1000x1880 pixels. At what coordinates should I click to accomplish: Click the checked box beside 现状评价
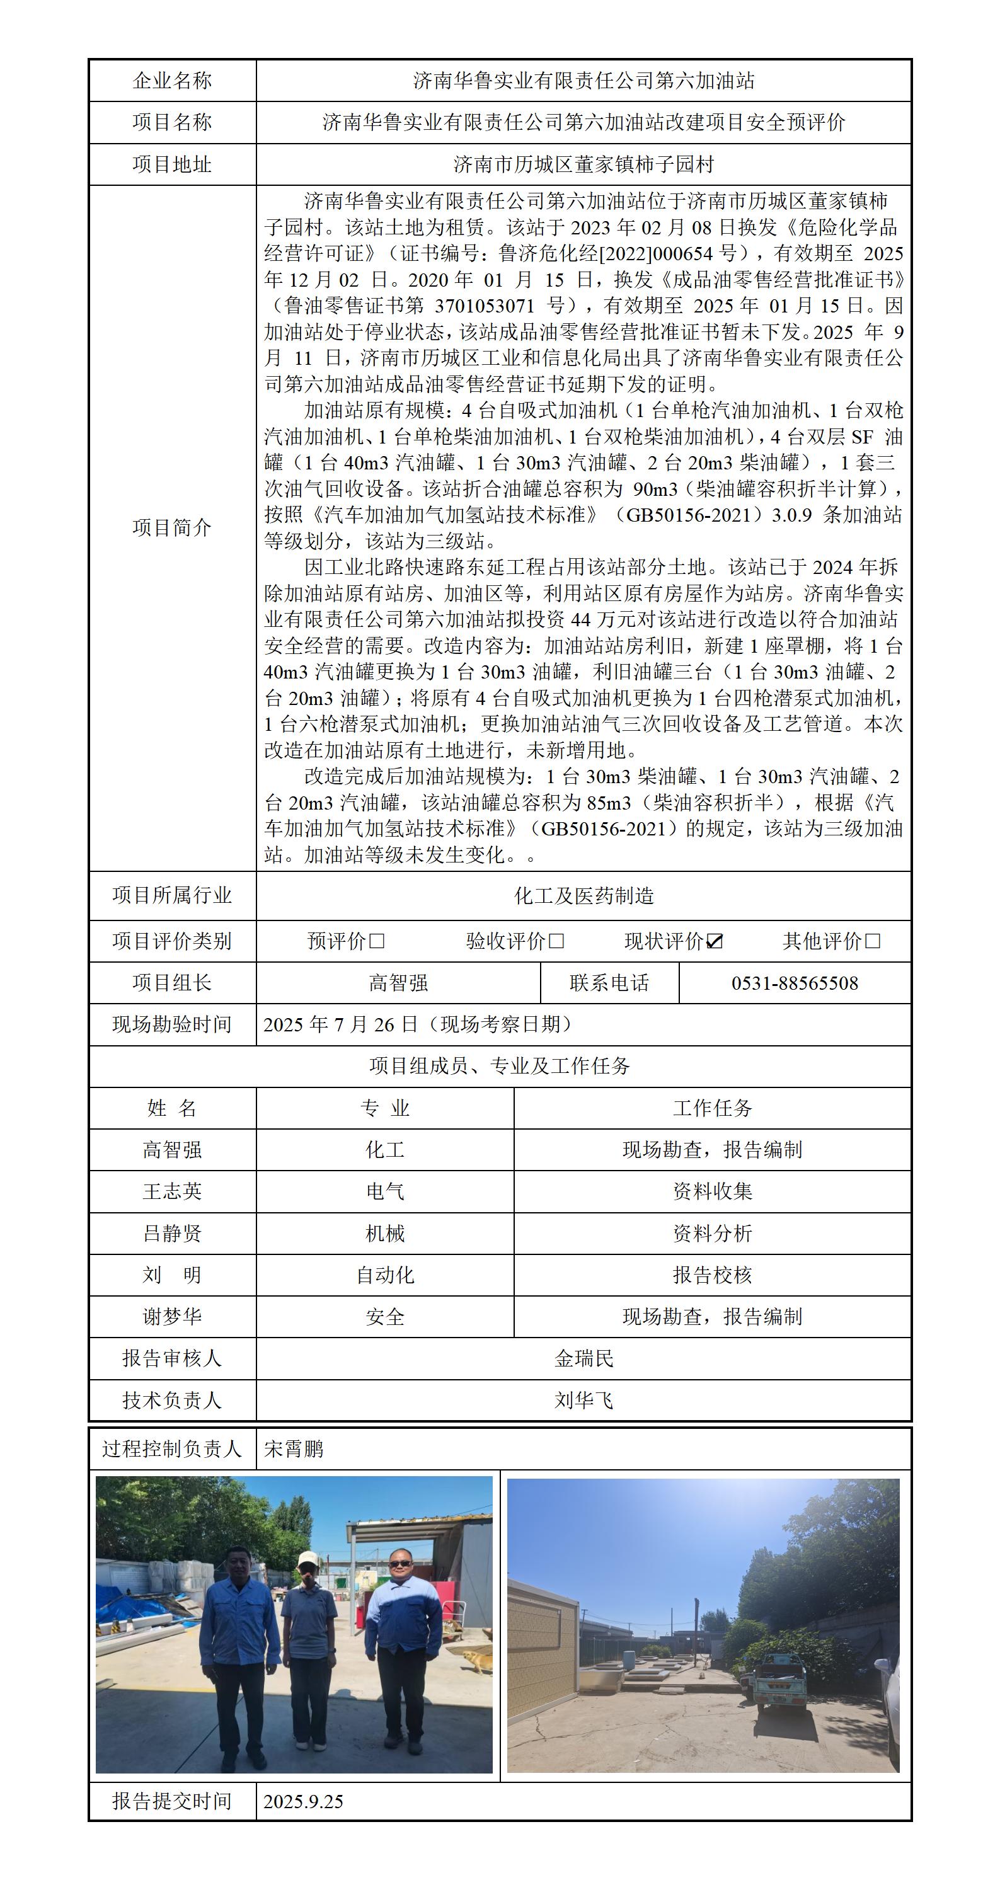715,941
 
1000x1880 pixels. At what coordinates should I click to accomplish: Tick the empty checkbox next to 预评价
377,941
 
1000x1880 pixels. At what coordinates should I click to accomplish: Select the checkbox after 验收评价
556,941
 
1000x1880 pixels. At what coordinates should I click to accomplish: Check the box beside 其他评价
872,941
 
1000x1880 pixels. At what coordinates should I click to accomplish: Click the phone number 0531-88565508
794,983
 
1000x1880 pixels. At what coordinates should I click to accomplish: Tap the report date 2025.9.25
303,1801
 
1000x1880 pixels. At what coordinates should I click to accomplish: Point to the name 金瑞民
583,1358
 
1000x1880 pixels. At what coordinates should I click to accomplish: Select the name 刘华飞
583,1400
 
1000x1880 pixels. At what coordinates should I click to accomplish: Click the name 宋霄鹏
294,1448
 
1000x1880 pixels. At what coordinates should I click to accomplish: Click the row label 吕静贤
172,1234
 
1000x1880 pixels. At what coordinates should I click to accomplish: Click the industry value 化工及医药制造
583,895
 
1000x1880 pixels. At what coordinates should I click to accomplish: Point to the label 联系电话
609,983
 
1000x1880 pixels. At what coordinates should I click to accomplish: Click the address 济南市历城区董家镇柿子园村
583,164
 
